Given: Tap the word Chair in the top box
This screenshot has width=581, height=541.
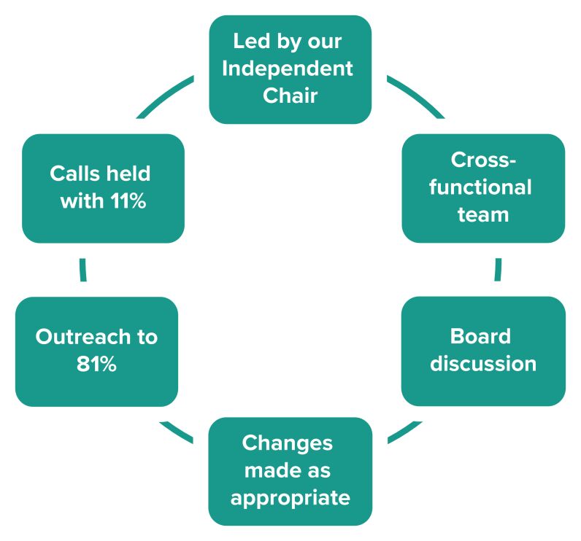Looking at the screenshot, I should click(x=290, y=96).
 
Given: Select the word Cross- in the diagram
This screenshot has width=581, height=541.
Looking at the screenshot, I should click(x=480, y=160).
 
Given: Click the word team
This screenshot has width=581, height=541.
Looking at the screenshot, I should click(x=482, y=215).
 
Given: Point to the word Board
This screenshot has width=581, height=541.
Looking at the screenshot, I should click(x=480, y=337).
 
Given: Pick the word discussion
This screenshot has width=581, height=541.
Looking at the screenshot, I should click(x=482, y=364).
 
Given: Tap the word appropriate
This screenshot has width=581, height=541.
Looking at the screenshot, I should click(x=290, y=499).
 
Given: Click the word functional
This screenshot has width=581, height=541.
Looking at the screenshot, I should click(x=480, y=187).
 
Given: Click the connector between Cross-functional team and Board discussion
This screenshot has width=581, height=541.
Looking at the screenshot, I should click(x=498, y=269).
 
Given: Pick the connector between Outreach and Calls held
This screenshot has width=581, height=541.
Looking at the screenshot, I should click(x=83, y=269).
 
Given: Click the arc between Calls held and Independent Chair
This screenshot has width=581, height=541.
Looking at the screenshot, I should click(x=165, y=94).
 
